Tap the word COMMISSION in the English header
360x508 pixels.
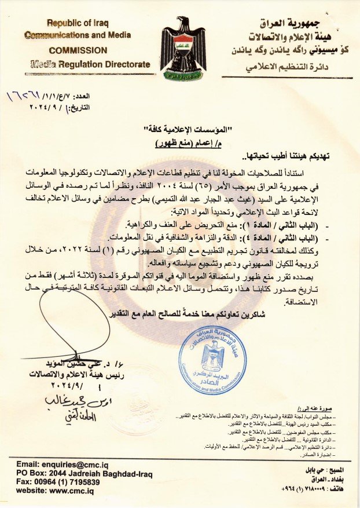click(x=78, y=50)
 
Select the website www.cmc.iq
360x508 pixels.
click(x=55, y=491)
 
